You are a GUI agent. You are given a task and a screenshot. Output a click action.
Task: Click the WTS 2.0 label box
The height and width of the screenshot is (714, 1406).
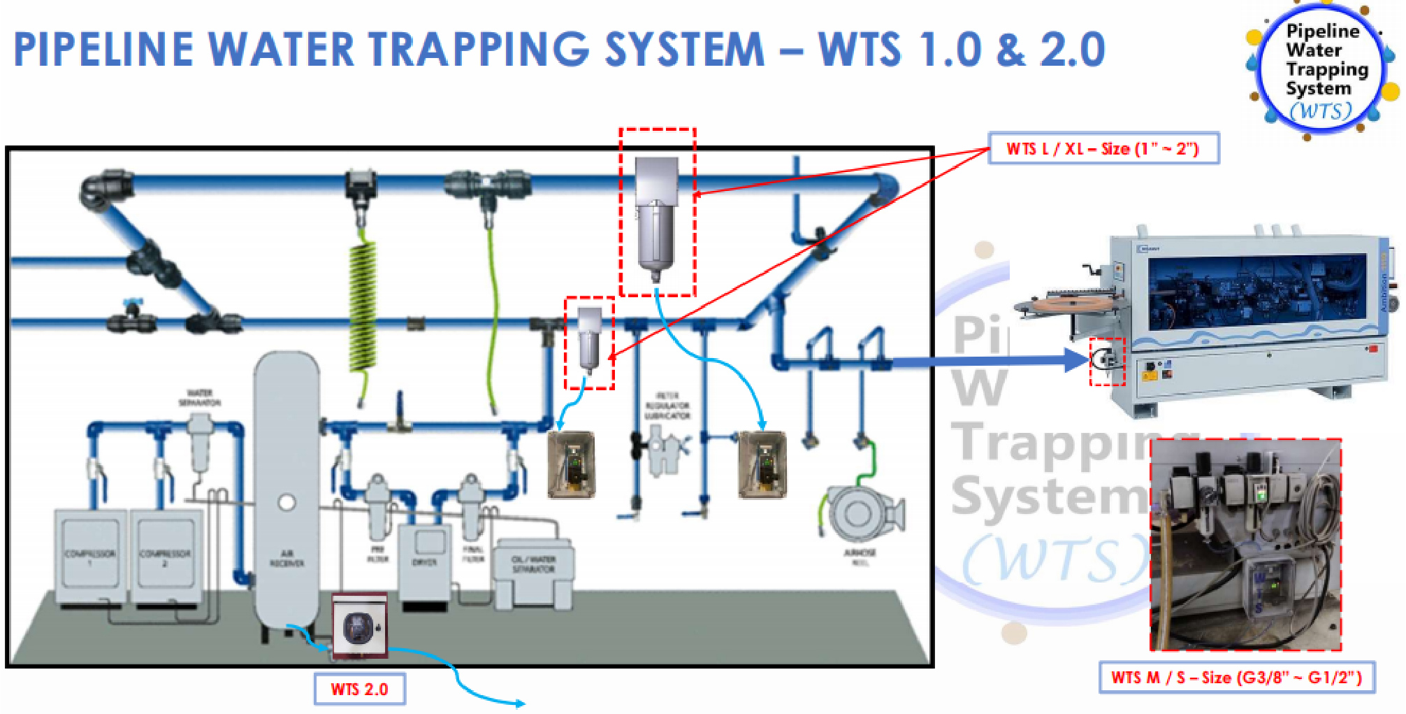359,689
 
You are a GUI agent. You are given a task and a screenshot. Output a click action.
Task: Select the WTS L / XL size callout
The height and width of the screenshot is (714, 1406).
1103,148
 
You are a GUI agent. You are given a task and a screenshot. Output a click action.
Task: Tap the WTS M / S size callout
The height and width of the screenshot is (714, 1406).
1236,677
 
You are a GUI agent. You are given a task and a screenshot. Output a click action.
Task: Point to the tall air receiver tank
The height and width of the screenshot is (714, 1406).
287,490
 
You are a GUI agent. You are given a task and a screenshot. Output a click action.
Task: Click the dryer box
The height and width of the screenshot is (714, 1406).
423,559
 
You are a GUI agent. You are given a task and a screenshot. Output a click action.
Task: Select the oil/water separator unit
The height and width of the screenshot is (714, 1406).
533,570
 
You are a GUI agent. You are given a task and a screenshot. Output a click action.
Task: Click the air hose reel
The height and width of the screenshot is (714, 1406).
859,514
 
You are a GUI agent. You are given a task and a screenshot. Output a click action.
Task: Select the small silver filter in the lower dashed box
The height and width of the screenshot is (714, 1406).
589,339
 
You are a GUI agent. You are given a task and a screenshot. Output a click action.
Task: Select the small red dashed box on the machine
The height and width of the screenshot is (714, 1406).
1108,362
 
